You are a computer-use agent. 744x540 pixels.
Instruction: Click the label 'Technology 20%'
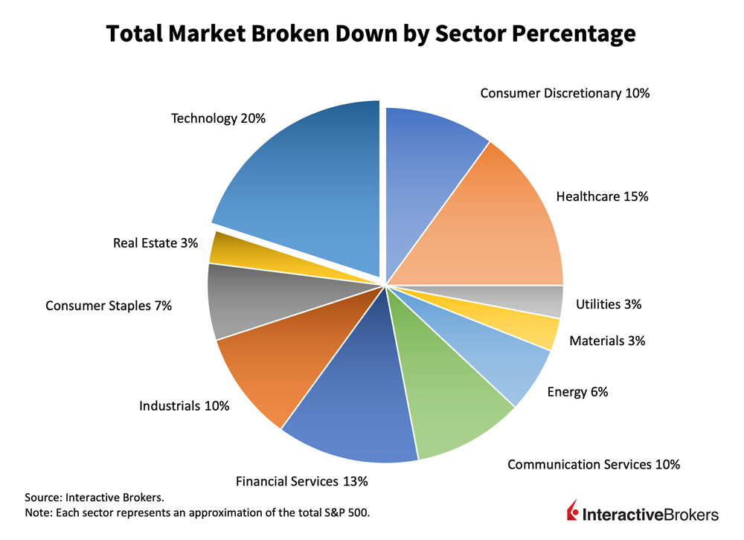[218, 119]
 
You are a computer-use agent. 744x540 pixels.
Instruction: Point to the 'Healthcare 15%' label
[603, 197]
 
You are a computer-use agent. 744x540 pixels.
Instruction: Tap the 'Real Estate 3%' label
[155, 243]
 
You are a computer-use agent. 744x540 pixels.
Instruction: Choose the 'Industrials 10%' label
[184, 406]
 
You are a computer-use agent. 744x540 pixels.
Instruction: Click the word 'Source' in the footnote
[43, 497]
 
